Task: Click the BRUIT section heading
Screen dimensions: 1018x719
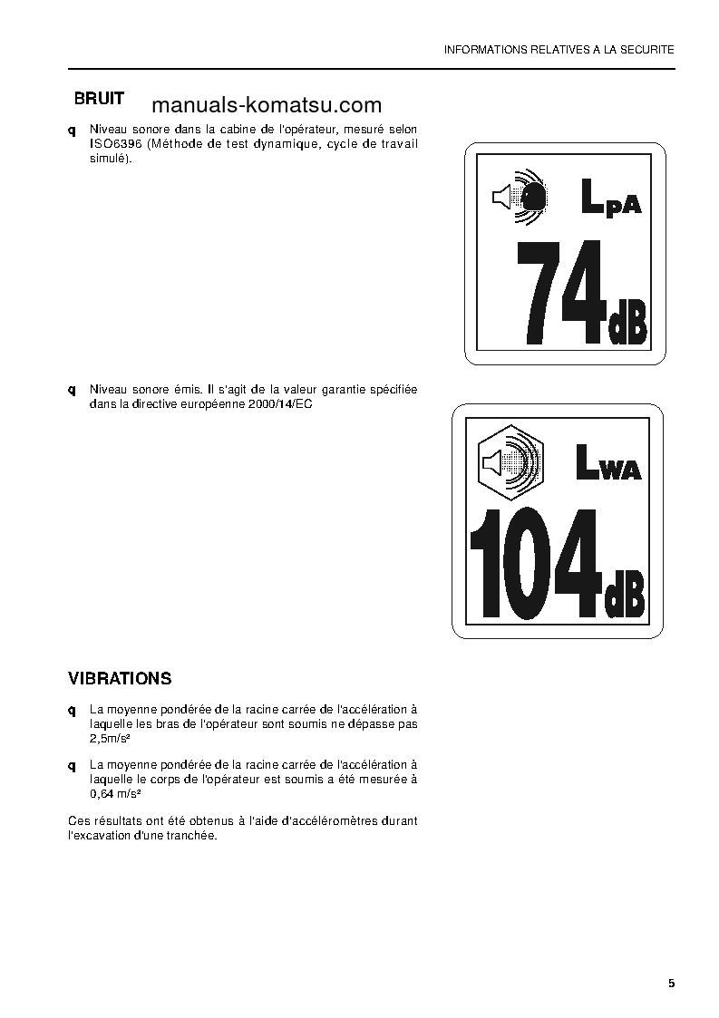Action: [x=99, y=99]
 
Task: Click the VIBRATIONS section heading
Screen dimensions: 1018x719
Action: [x=120, y=678]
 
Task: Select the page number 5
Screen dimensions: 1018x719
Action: [x=671, y=984]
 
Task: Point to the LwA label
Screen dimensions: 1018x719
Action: [x=608, y=464]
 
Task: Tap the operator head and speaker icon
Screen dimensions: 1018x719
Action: [x=520, y=195]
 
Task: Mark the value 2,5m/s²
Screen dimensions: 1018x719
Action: [x=110, y=739]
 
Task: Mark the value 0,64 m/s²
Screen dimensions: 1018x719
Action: [x=113, y=794]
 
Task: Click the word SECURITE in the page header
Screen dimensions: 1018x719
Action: [x=647, y=50]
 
